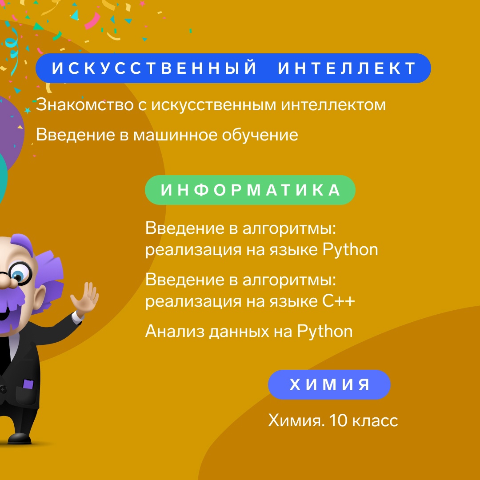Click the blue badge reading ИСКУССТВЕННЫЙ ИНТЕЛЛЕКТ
(233, 68)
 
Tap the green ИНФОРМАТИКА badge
(250, 190)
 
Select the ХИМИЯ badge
(329, 384)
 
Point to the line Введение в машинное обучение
(167, 135)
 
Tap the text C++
(339, 301)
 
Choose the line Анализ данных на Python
(249, 332)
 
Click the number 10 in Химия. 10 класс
(338, 420)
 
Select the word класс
(375, 421)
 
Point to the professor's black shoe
(20, 438)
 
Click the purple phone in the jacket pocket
(28, 384)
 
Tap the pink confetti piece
(92, 21)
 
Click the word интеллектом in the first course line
(333, 105)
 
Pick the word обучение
(260, 135)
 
